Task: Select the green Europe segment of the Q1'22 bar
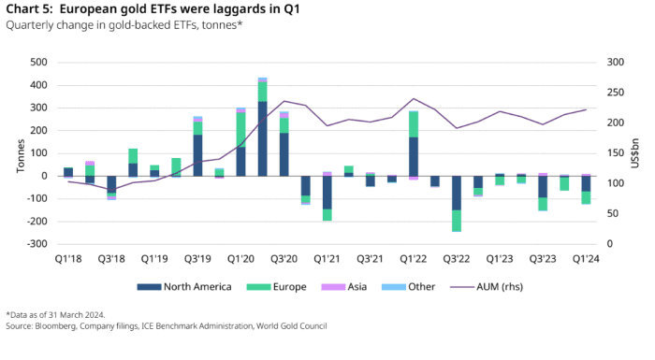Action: [414, 124]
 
